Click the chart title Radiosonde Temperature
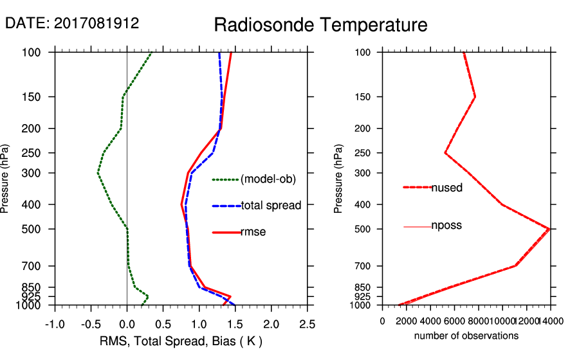(320, 25)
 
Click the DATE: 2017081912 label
(72, 24)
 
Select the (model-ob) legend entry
(268, 179)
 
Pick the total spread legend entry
(271, 206)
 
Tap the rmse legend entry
(253, 232)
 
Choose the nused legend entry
(446, 188)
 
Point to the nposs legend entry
(446, 226)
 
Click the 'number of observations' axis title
(466, 336)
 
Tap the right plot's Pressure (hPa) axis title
(338, 179)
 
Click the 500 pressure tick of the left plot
(40, 229)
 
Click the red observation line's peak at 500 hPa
(549, 228)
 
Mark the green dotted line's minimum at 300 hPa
(98, 173)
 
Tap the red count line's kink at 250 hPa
(445, 153)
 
